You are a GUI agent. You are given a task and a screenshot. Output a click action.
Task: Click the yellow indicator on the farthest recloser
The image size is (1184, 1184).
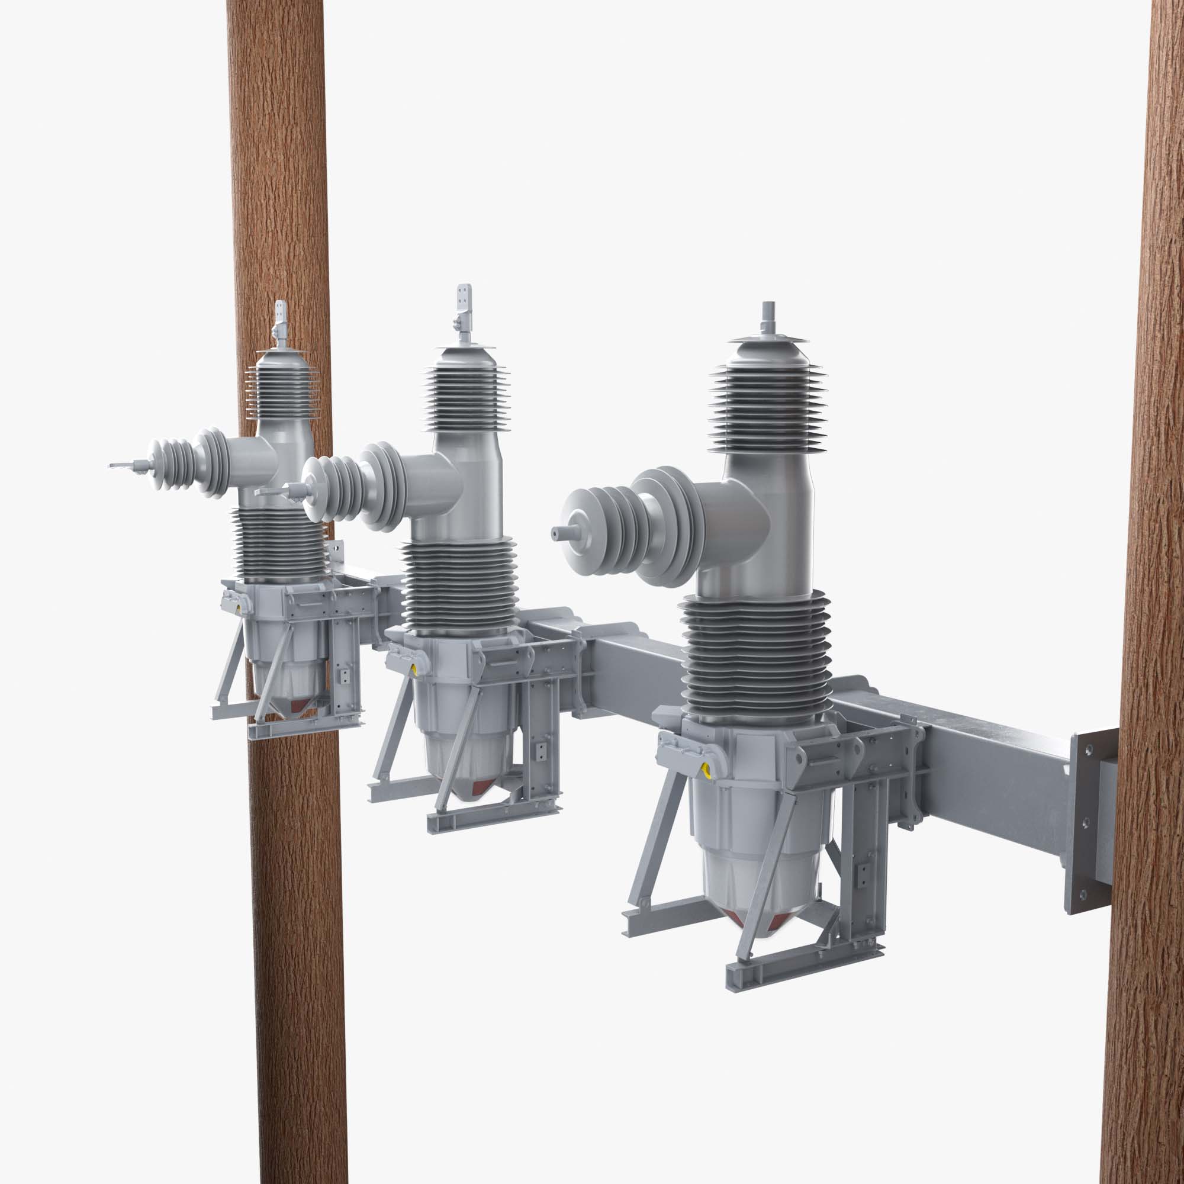(238, 609)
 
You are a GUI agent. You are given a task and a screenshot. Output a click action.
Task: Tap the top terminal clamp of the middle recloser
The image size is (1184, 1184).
(465, 300)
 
